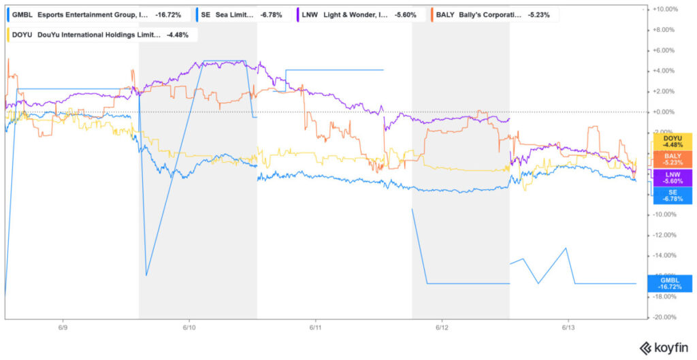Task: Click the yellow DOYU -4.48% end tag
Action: [672, 142]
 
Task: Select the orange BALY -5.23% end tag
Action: [672, 159]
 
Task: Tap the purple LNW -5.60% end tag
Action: [672, 177]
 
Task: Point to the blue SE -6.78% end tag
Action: [672, 195]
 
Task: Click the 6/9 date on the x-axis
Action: [63, 327]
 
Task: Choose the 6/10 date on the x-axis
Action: [189, 327]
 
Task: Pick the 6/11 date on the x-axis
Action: [314, 327]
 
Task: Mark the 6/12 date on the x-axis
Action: [441, 327]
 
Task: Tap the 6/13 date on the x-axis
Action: [568, 327]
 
